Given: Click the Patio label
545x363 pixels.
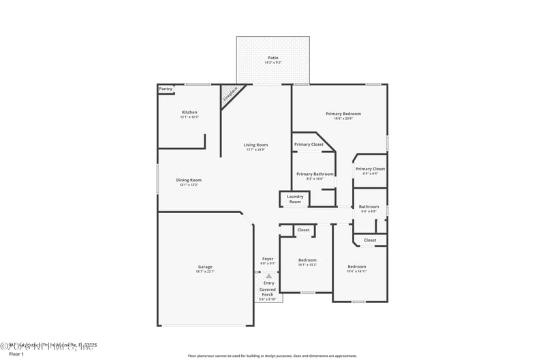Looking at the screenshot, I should click(x=272, y=58).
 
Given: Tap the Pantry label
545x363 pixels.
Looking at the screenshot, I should click(x=166, y=89).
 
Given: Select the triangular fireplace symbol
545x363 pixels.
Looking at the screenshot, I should click(x=230, y=95).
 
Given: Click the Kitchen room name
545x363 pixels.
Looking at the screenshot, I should click(x=189, y=112).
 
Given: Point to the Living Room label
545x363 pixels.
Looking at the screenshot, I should click(x=255, y=145).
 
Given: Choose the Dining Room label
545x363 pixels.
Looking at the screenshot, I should click(x=190, y=180).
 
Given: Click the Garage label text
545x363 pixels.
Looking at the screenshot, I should click(x=205, y=267).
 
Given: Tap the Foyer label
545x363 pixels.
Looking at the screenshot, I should click(x=268, y=259).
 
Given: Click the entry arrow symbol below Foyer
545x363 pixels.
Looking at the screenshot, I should click(x=268, y=275).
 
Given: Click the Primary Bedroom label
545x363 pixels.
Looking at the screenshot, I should click(x=343, y=114).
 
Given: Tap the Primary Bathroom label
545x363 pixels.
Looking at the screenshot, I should click(x=315, y=174).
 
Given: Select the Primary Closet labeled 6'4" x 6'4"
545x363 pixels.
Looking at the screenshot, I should click(x=370, y=169).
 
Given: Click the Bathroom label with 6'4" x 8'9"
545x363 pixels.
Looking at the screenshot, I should click(x=369, y=207).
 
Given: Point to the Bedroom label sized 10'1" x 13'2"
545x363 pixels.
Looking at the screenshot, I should click(x=307, y=260).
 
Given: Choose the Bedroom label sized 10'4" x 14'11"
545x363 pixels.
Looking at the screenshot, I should click(x=356, y=266).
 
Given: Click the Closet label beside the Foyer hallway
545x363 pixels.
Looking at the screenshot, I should click(x=303, y=230).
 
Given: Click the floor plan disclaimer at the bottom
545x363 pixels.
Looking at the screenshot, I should click(x=272, y=356).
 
